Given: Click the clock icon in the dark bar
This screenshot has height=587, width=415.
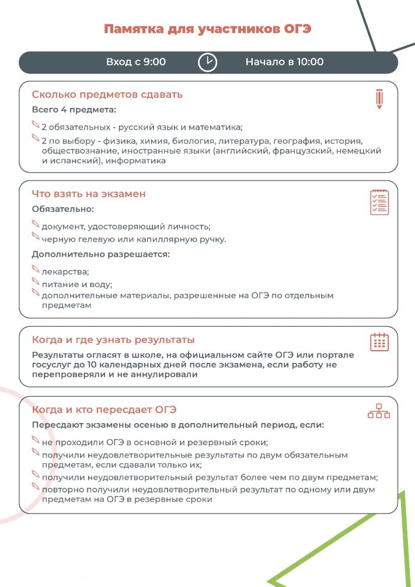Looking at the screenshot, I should click(x=207, y=62).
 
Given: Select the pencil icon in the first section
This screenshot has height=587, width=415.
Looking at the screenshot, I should click(x=380, y=99).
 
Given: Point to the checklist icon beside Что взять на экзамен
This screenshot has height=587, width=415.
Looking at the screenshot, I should click(x=380, y=201).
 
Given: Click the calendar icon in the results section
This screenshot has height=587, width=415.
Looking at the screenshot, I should click(x=380, y=343).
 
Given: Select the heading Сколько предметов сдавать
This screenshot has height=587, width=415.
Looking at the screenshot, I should click(x=99, y=94).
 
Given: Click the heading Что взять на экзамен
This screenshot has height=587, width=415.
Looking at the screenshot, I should click(x=89, y=194).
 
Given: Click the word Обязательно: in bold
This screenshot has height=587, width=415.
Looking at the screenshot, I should click(x=63, y=208).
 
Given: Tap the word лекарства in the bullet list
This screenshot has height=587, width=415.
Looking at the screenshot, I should click(x=65, y=271).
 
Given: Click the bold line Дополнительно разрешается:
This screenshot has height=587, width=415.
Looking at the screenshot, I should click(x=100, y=254).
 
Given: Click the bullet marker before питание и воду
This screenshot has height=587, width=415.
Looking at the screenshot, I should click(x=36, y=284).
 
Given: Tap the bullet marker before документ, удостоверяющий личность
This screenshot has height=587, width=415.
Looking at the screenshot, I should click(x=36, y=225).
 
